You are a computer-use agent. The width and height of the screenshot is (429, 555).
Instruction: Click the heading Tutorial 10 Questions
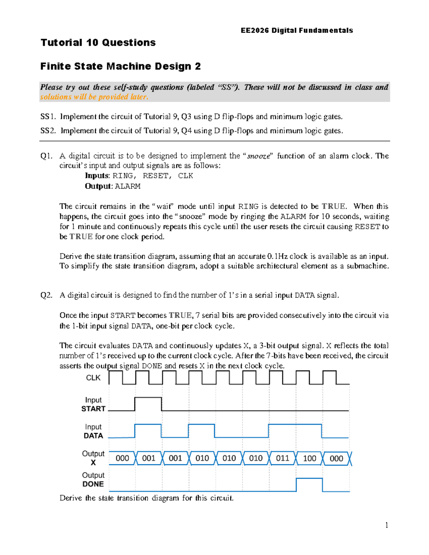(98, 43)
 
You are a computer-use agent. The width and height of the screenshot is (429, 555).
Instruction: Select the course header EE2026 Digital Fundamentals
(297, 30)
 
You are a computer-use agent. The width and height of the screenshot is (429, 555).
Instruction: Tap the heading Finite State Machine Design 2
(120, 66)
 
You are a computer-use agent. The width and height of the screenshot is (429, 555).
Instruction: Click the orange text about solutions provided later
(94, 97)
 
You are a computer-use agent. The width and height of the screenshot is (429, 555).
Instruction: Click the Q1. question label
(46, 156)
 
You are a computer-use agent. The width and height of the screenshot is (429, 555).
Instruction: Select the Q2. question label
(46, 295)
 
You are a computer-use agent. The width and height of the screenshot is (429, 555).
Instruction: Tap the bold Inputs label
(97, 176)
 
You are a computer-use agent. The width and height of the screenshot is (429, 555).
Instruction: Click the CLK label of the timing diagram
(93, 378)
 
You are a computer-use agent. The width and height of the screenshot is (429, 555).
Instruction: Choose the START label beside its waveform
(93, 408)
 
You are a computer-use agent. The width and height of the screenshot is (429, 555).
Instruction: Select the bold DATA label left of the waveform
(93, 436)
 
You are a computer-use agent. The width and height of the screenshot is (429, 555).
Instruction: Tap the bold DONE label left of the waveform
(93, 484)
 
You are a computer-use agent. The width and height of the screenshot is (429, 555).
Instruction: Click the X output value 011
(282, 458)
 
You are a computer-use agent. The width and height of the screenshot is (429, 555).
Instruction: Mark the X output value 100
(309, 458)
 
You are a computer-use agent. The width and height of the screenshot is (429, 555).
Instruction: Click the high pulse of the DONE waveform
(309, 479)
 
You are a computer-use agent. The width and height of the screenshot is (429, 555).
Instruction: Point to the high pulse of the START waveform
(148, 397)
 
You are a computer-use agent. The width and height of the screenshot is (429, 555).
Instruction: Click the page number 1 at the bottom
(386, 525)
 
